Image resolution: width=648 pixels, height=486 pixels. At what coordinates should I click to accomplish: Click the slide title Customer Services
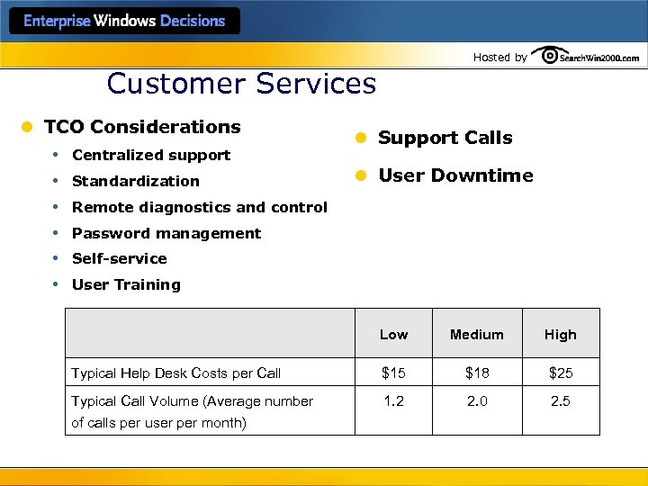(241, 84)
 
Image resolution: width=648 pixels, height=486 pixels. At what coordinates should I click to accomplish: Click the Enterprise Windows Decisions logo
(124, 21)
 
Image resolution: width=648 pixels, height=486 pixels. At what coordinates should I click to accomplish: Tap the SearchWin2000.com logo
(586, 56)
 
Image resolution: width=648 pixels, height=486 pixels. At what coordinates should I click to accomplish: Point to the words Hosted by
(499, 58)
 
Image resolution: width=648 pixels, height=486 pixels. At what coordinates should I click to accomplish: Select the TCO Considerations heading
(142, 127)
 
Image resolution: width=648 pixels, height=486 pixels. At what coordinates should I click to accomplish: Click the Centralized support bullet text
(151, 155)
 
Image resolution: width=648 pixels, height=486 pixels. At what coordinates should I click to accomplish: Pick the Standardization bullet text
(136, 181)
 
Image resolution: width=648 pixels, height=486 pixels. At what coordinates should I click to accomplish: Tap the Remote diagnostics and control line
(200, 207)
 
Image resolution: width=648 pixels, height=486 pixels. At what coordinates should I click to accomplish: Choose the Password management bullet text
(166, 233)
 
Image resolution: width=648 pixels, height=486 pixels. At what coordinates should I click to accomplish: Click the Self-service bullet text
(120, 258)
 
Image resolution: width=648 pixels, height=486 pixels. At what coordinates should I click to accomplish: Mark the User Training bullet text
(126, 284)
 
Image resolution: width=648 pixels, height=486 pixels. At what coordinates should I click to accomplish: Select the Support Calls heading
(445, 138)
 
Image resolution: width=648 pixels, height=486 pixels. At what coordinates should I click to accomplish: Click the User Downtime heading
(455, 175)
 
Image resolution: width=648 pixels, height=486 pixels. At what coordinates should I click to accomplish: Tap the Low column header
(393, 335)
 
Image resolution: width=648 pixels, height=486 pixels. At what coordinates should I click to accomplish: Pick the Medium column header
(477, 335)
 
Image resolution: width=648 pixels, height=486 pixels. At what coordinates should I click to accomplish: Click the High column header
(560, 335)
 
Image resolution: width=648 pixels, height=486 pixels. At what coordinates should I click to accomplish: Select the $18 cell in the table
(477, 373)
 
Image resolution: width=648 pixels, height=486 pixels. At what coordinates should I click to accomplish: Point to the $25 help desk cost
(560, 373)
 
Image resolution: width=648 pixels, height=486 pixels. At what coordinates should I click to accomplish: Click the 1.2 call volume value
(393, 401)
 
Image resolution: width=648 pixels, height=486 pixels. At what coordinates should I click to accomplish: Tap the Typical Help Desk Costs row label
(176, 373)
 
